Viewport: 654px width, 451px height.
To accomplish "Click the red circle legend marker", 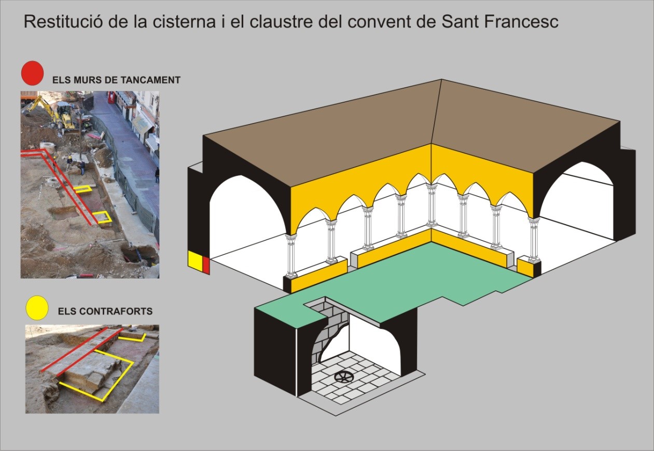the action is click(x=32, y=73).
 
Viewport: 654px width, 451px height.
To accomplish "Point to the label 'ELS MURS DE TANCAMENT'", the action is click(x=116, y=80).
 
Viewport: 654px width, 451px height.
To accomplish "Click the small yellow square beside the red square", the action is click(x=195, y=261).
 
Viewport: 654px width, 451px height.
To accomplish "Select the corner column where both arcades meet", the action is click(x=430, y=205).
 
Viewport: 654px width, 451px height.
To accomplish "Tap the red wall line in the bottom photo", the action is click(x=83, y=350).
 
